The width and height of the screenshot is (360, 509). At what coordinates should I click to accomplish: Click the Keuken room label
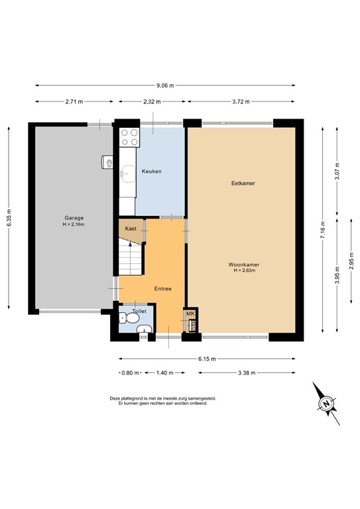151,172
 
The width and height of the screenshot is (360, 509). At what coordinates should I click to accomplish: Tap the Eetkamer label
243,183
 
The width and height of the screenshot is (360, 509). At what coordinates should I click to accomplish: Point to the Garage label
74,218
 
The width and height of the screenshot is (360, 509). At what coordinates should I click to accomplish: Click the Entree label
163,289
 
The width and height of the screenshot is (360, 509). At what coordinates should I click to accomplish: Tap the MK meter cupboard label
190,313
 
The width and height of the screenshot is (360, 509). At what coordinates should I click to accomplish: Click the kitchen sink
127,174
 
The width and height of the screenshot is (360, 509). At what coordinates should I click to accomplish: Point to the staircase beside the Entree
130,259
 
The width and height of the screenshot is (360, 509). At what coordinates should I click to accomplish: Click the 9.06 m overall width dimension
165,85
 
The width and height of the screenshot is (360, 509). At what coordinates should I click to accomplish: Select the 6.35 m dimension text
9,215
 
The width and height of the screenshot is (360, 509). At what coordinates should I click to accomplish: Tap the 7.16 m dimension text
322,229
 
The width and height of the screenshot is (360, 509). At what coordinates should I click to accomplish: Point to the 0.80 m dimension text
131,372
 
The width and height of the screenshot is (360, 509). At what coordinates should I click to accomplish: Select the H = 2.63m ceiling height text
243,271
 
